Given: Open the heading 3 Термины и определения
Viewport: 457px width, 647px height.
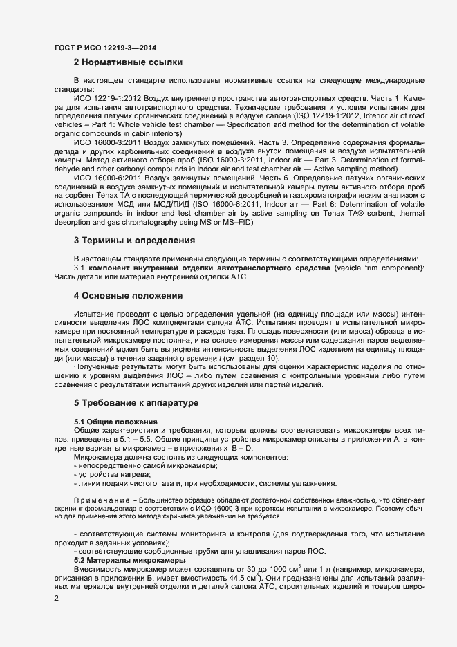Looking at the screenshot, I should point(133,241).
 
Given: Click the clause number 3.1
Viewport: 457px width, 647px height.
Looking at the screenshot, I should point(80,268).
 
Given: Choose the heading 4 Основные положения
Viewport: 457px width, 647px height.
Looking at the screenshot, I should point(128,296).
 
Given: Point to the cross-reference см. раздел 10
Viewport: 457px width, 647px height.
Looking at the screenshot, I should point(255,358).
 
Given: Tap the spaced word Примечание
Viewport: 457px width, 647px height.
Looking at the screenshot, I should point(97,500).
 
